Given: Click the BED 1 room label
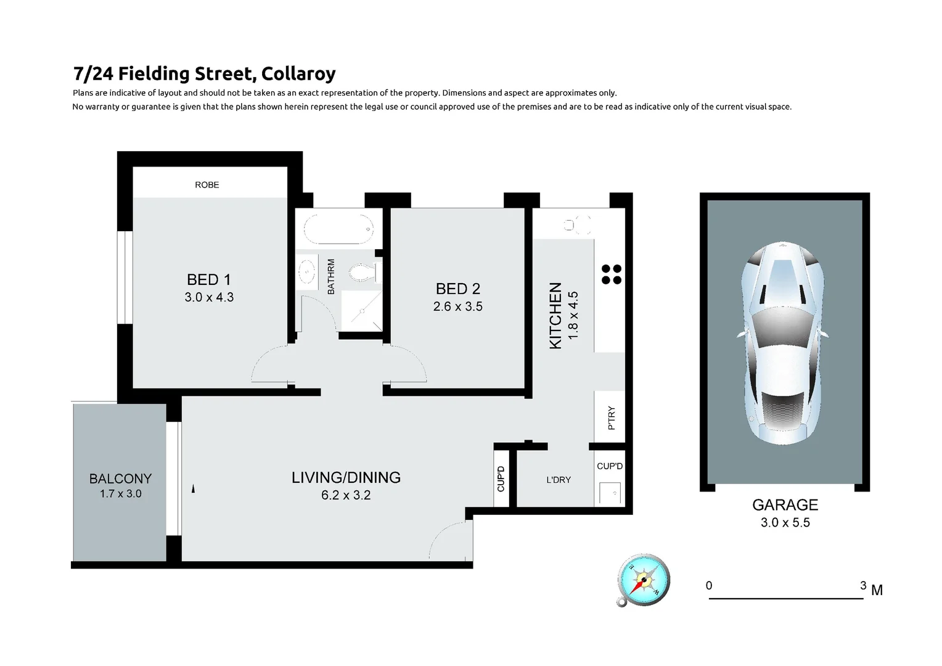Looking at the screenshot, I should (x=208, y=280).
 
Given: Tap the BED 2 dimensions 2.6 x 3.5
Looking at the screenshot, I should (x=457, y=306).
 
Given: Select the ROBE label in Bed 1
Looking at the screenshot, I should (x=207, y=185).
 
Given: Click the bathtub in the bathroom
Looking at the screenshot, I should (x=338, y=229).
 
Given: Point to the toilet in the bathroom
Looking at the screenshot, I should (x=362, y=272).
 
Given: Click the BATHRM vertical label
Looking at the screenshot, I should (x=331, y=276).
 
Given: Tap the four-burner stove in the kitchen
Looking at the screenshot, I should (x=611, y=274).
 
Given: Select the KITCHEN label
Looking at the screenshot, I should (x=555, y=316).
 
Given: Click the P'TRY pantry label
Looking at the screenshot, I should (x=612, y=417).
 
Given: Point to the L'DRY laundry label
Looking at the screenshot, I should (x=559, y=480).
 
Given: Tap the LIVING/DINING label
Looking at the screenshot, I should (x=346, y=477).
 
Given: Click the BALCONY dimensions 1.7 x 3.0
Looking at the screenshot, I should (x=121, y=494).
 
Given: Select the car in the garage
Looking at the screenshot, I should (x=783, y=342).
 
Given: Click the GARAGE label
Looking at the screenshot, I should (x=785, y=505).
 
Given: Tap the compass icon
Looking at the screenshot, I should (x=643, y=580).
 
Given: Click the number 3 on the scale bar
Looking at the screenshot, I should (x=863, y=585).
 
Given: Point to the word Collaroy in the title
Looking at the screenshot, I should (x=298, y=74).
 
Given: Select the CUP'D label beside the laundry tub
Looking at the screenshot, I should (x=610, y=466).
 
